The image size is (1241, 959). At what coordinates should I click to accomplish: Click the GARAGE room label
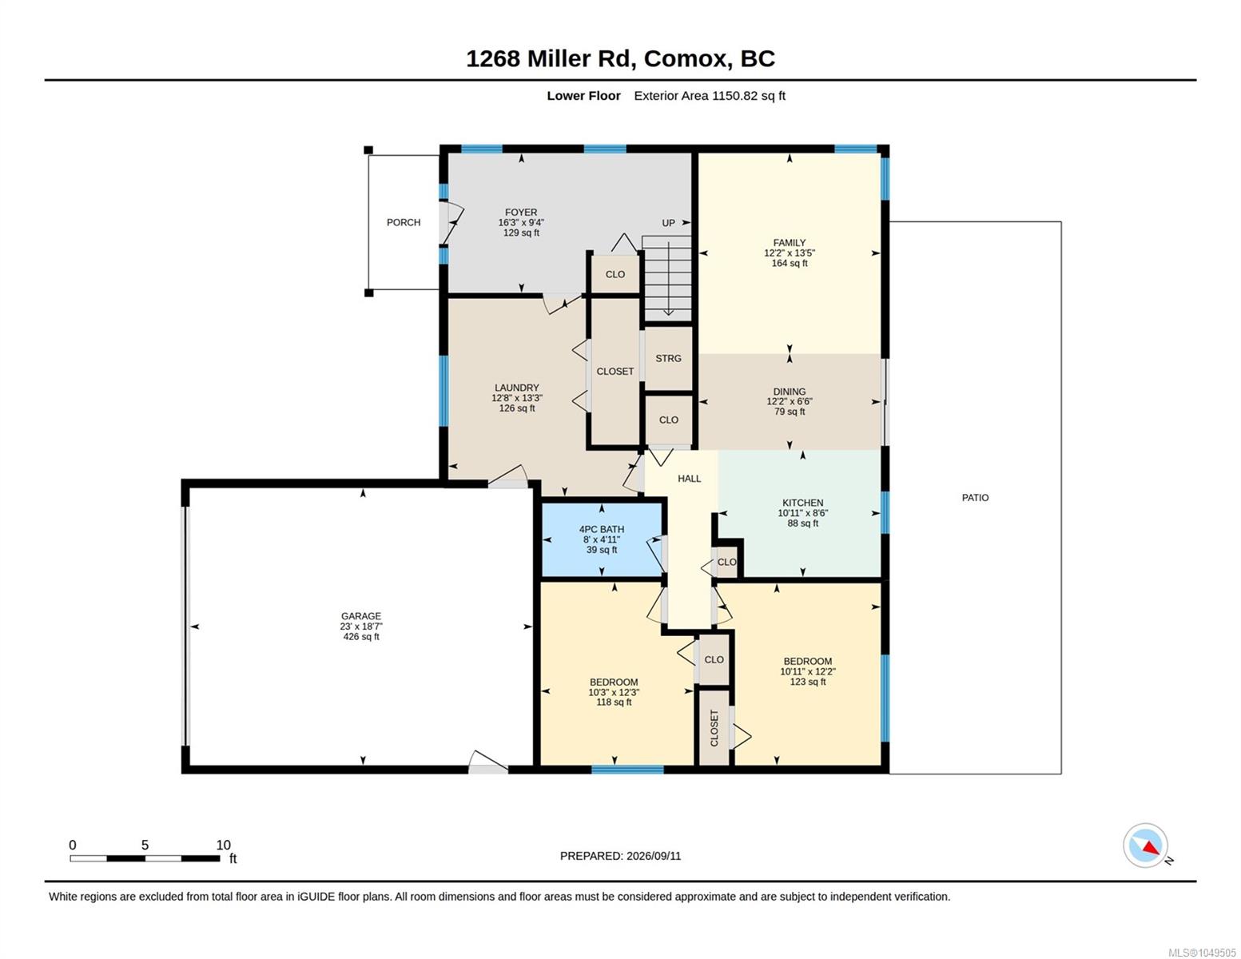coord(360,615)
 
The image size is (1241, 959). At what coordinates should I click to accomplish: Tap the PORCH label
coord(404,222)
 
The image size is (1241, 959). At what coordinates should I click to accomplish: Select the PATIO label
coord(975,498)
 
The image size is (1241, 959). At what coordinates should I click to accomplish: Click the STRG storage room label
coord(667,358)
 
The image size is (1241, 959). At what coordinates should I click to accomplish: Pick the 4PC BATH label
coord(602,529)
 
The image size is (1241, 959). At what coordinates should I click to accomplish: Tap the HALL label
coord(689,479)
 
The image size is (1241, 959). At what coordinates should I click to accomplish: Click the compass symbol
coord(1145,846)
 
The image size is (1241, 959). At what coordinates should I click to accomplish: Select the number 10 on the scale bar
coord(223,845)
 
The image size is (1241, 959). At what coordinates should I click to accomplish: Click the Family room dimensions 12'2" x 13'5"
coord(790,253)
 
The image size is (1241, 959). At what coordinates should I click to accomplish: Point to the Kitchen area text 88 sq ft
coord(802,523)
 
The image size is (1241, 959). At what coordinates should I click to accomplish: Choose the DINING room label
coord(790,392)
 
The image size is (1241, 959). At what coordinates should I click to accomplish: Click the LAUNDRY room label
coord(516,388)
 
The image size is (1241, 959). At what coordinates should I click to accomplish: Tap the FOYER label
coord(521,212)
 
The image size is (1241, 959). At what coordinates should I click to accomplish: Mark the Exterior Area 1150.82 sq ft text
coord(710,95)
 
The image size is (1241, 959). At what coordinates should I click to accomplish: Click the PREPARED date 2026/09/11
coord(654,856)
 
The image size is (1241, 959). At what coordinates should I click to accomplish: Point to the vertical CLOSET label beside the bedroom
coord(714,728)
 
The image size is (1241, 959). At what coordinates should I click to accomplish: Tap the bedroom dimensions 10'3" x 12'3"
coord(614,692)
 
